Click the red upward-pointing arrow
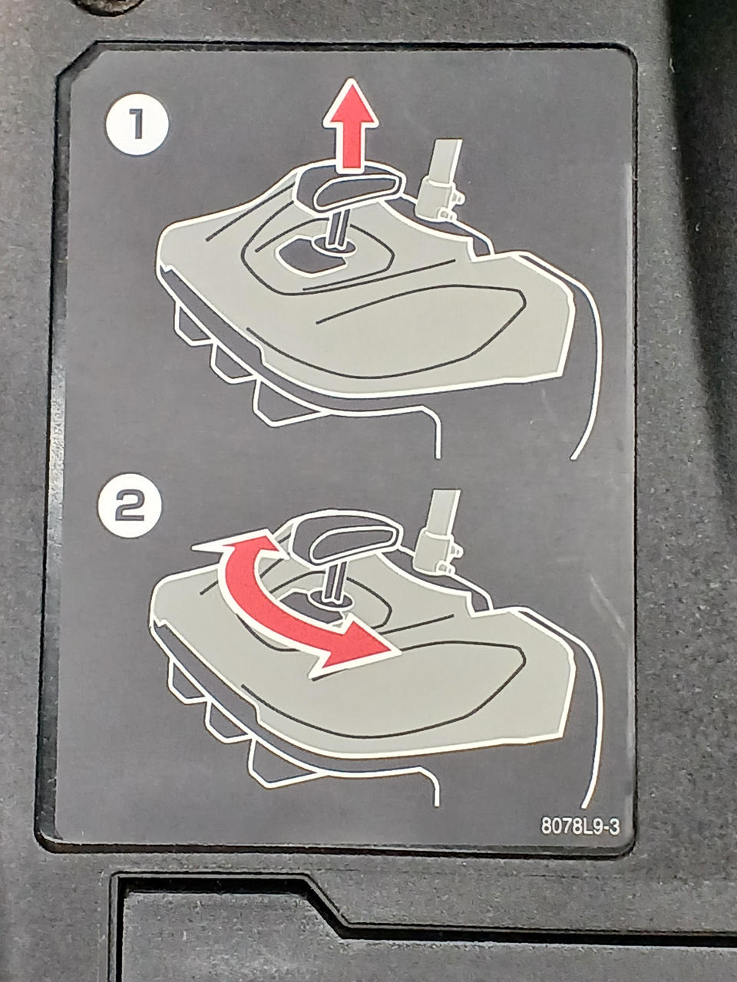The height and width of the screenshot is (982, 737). (x=351, y=124)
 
